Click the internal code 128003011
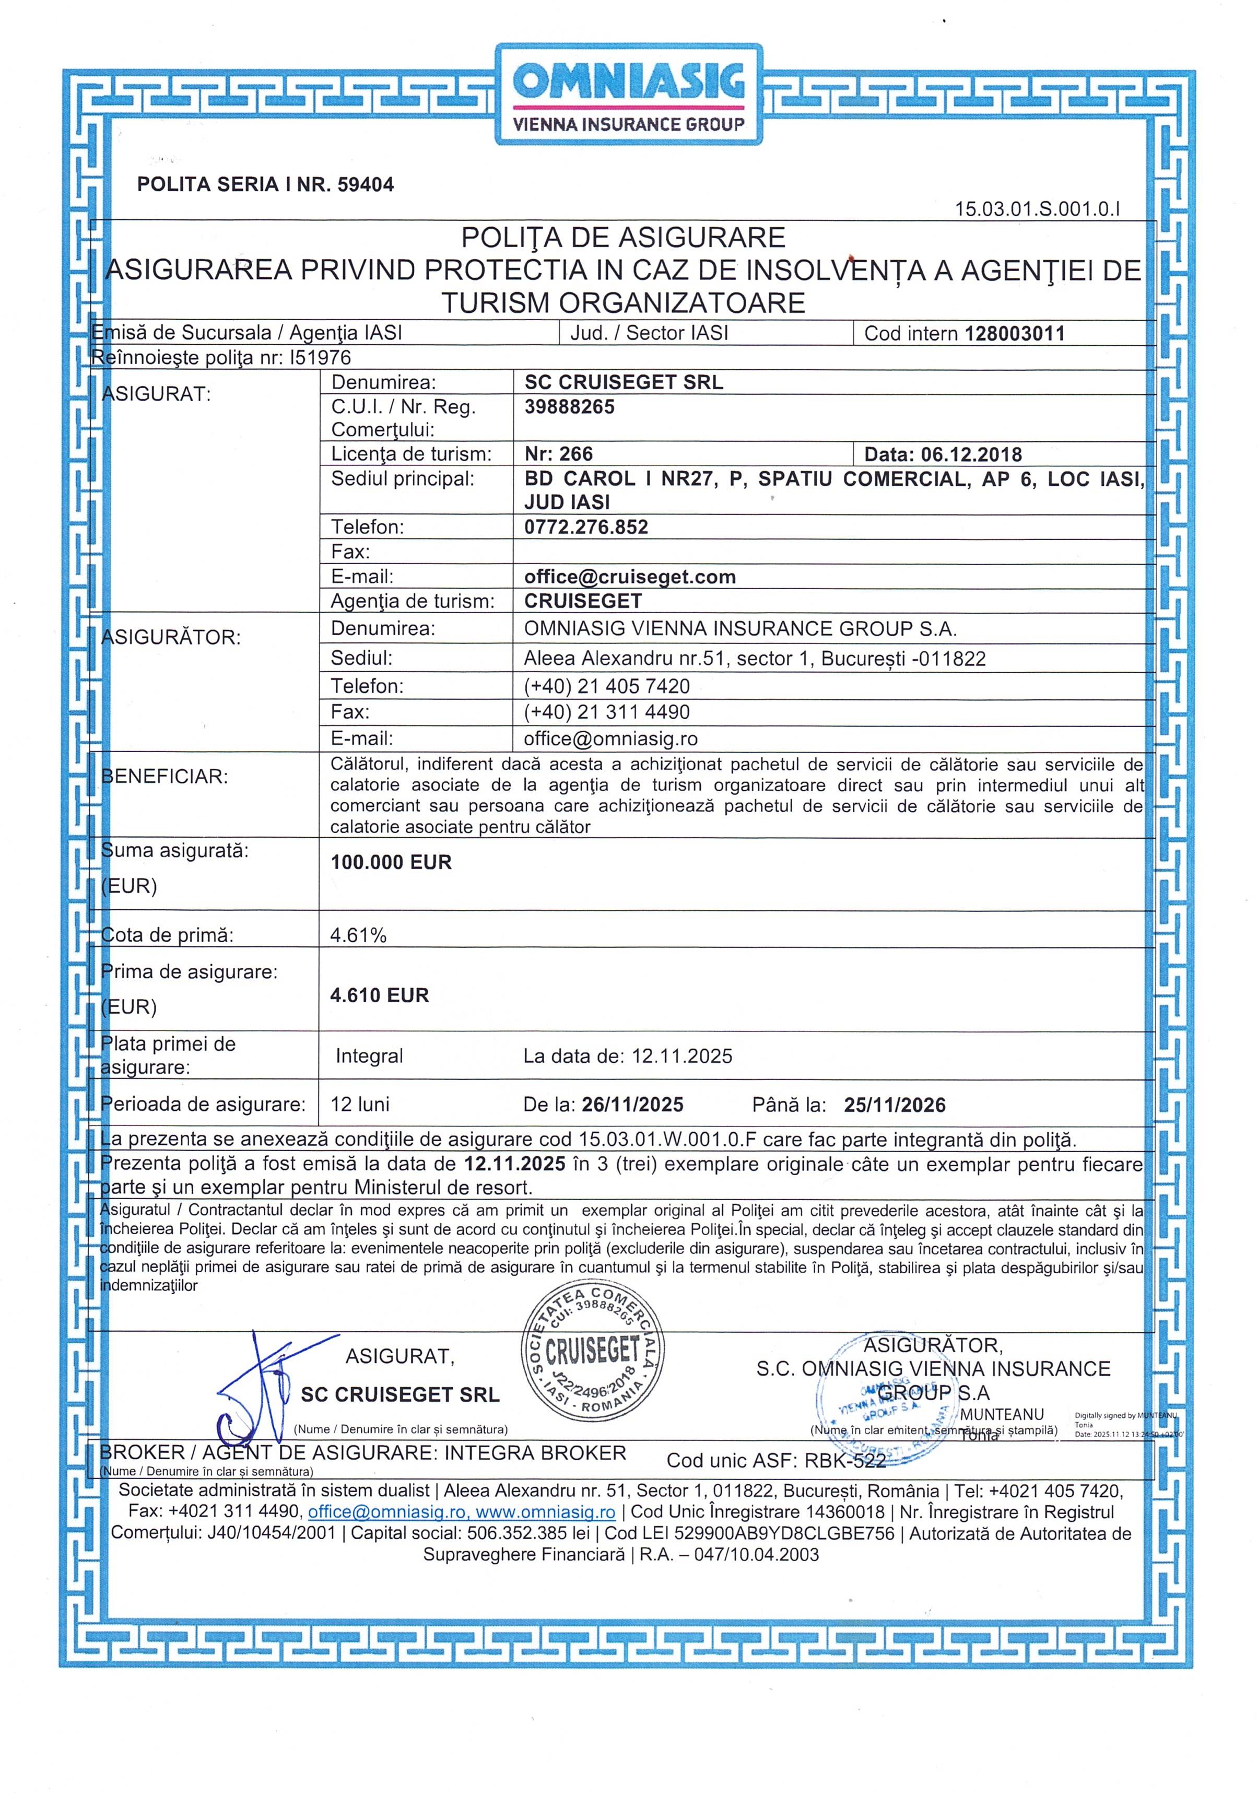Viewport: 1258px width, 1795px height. (x=1014, y=334)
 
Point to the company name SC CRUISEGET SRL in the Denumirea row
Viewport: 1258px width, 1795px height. (x=623, y=382)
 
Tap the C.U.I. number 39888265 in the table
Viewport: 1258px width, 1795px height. (x=569, y=406)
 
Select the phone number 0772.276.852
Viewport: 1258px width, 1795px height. (x=585, y=527)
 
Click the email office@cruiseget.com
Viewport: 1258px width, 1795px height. (x=629, y=577)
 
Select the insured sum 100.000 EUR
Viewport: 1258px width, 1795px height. (x=391, y=862)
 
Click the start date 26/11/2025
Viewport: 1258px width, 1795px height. (x=632, y=1105)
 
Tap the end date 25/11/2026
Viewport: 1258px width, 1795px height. (x=895, y=1105)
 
